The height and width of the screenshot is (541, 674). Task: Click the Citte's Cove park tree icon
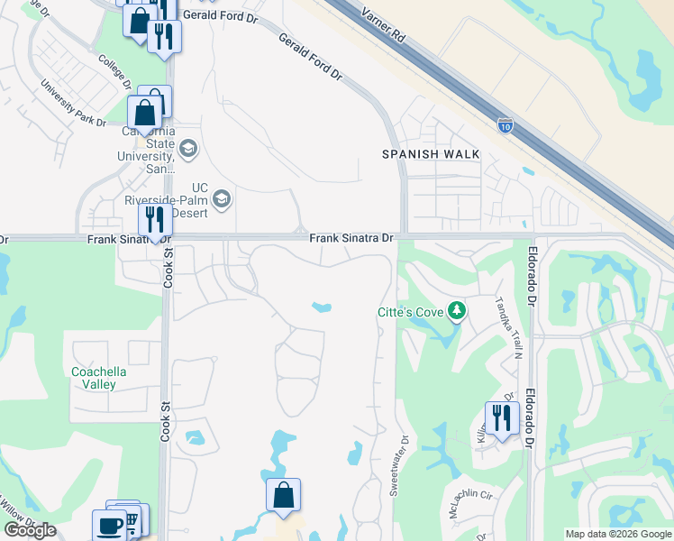coord(458,312)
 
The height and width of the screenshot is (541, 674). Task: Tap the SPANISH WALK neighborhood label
coord(431,154)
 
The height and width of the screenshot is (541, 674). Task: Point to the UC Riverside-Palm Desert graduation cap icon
coord(223,197)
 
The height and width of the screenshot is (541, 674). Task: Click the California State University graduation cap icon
coord(188,148)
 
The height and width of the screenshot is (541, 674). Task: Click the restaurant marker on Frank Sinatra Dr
coord(155,220)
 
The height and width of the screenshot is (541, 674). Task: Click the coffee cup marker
coord(110,525)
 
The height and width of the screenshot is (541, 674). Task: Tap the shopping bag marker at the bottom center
coord(283,495)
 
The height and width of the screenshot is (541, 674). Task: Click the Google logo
coord(30,530)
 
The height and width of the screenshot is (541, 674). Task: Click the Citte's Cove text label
coord(411,313)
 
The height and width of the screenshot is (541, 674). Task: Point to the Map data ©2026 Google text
coord(618,534)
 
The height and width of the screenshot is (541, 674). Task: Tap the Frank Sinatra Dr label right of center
coord(351,239)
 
